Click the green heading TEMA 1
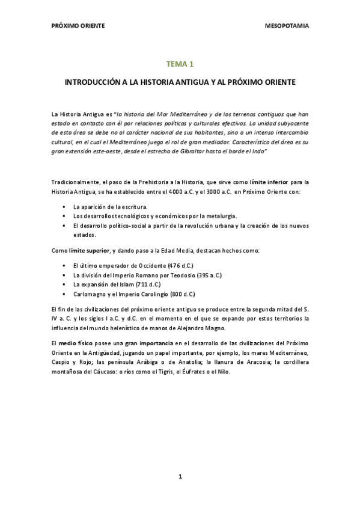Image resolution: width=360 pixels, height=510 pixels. [x=180, y=63]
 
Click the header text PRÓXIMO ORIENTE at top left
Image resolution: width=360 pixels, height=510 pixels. [x=78, y=26]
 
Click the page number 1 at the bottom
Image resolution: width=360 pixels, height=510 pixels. [x=180, y=476]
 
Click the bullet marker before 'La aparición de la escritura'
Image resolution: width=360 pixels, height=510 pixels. [x=64, y=206]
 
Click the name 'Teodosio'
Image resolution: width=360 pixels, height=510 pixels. [x=182, y=275]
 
